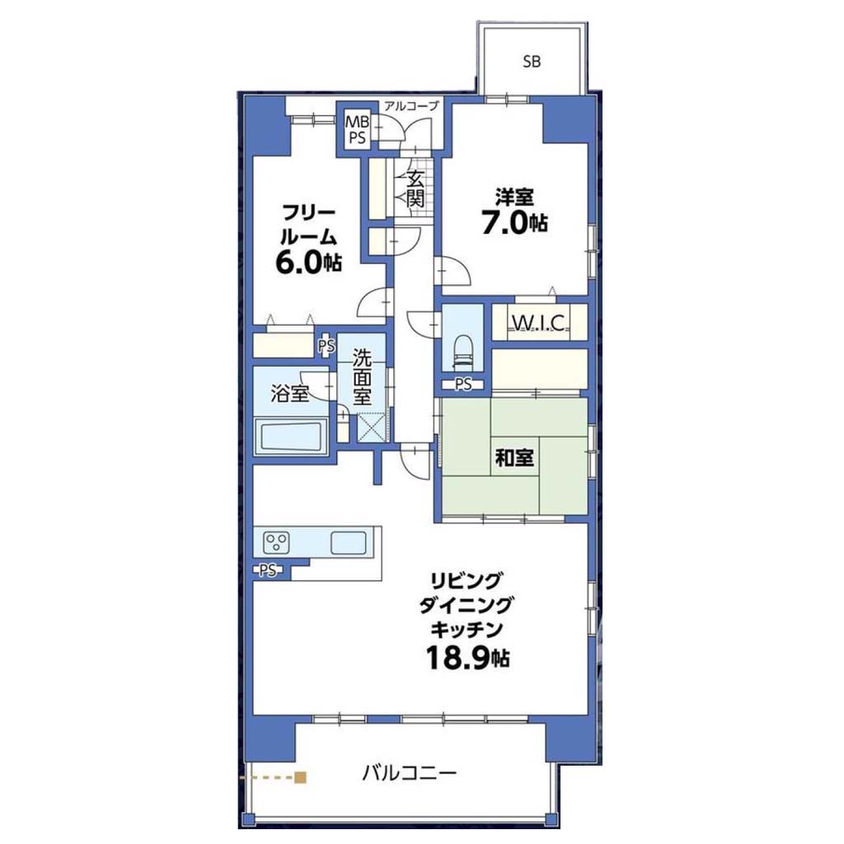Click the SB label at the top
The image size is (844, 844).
click(x=532, y=62)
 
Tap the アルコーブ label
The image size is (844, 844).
click(x=411, y=106)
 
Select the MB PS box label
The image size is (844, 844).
click(x=357, y=129)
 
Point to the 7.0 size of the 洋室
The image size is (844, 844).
click(x=504, y=223)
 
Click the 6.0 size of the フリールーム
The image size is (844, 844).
click(x=298, y=263)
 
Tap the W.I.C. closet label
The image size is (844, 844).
click(x=538, y=323)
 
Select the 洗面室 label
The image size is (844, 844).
click(x=362, y=377)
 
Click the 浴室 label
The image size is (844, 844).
click(x=289, y=394)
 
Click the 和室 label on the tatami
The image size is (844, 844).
click(x=514, y=458)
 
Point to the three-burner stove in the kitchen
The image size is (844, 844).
click(x=277, y=542)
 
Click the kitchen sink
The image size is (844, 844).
click(x=349, y=542)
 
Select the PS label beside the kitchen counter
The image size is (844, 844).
click(x=268, y=570)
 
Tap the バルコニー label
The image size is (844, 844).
click(x=409, y=774)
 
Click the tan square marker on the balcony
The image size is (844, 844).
click(x=300, y=777)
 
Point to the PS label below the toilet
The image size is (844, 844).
click(x=463, y=384)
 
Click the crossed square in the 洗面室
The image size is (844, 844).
click(x=372, y=426)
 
